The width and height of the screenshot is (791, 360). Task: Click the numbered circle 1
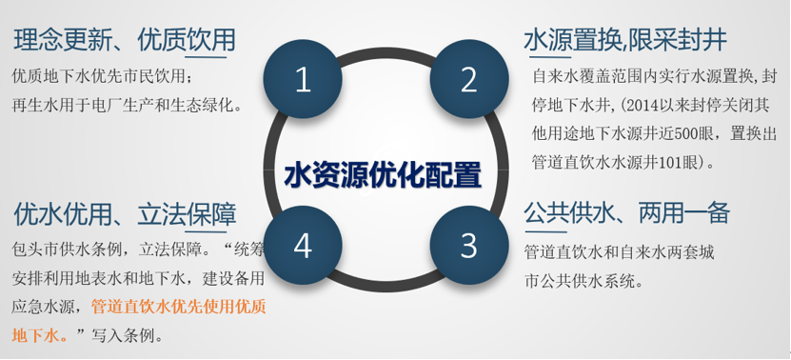(x=303, y=81)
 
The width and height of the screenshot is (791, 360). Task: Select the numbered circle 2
(x=468, y=81)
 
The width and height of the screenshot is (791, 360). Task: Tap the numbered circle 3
(x=468, y=246)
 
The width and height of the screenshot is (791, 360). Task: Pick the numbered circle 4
(x=303, y=246)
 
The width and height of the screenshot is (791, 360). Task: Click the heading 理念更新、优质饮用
(x=125, y=40)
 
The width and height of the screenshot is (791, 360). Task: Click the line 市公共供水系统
(x=583, y=281)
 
